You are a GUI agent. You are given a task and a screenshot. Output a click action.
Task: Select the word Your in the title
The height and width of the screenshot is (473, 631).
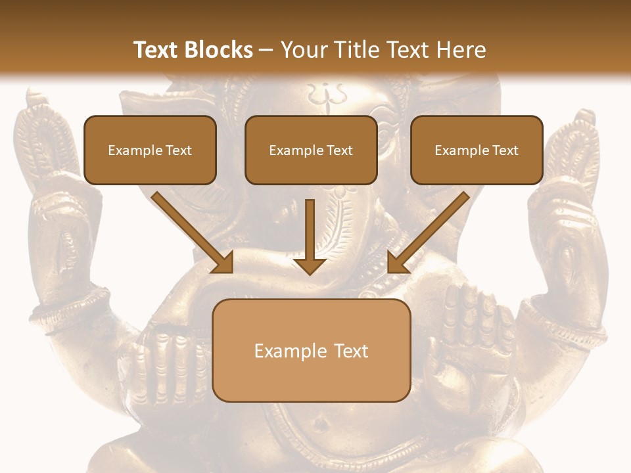303,50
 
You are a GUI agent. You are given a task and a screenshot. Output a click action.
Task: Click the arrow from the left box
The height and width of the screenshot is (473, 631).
194,233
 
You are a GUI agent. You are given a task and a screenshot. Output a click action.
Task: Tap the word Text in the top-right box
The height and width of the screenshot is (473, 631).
505,150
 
